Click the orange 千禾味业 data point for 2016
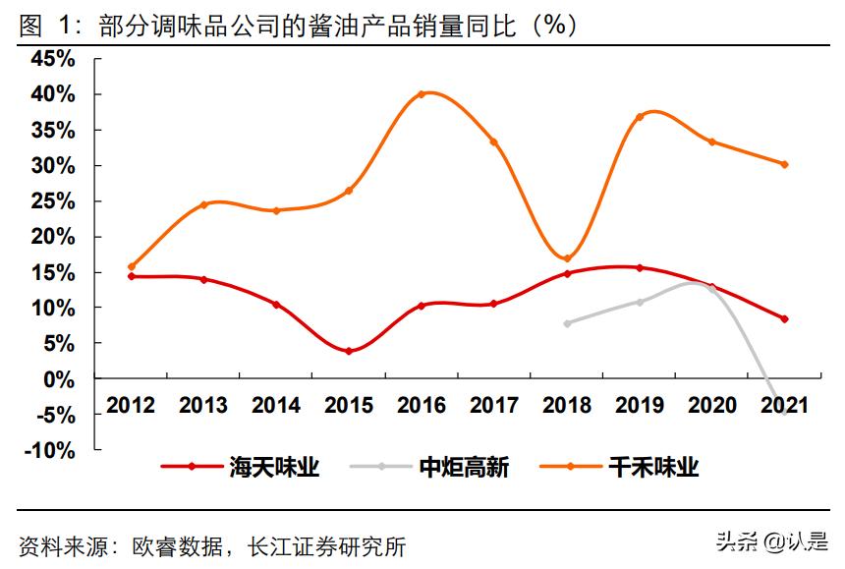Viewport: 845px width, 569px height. point(422,94)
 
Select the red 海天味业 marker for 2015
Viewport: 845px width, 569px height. point(349,351)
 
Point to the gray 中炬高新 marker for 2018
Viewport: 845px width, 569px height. point(567,323)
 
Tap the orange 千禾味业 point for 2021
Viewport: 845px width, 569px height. point(784,164)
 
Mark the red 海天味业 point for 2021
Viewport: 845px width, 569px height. point(784,318)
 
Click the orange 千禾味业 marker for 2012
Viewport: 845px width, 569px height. point(132,266)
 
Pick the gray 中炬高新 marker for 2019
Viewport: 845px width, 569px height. point(640,302)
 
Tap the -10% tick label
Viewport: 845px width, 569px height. point(49,450)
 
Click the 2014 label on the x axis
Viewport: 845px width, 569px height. point(276,406)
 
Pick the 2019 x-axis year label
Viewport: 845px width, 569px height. point(639,406)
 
